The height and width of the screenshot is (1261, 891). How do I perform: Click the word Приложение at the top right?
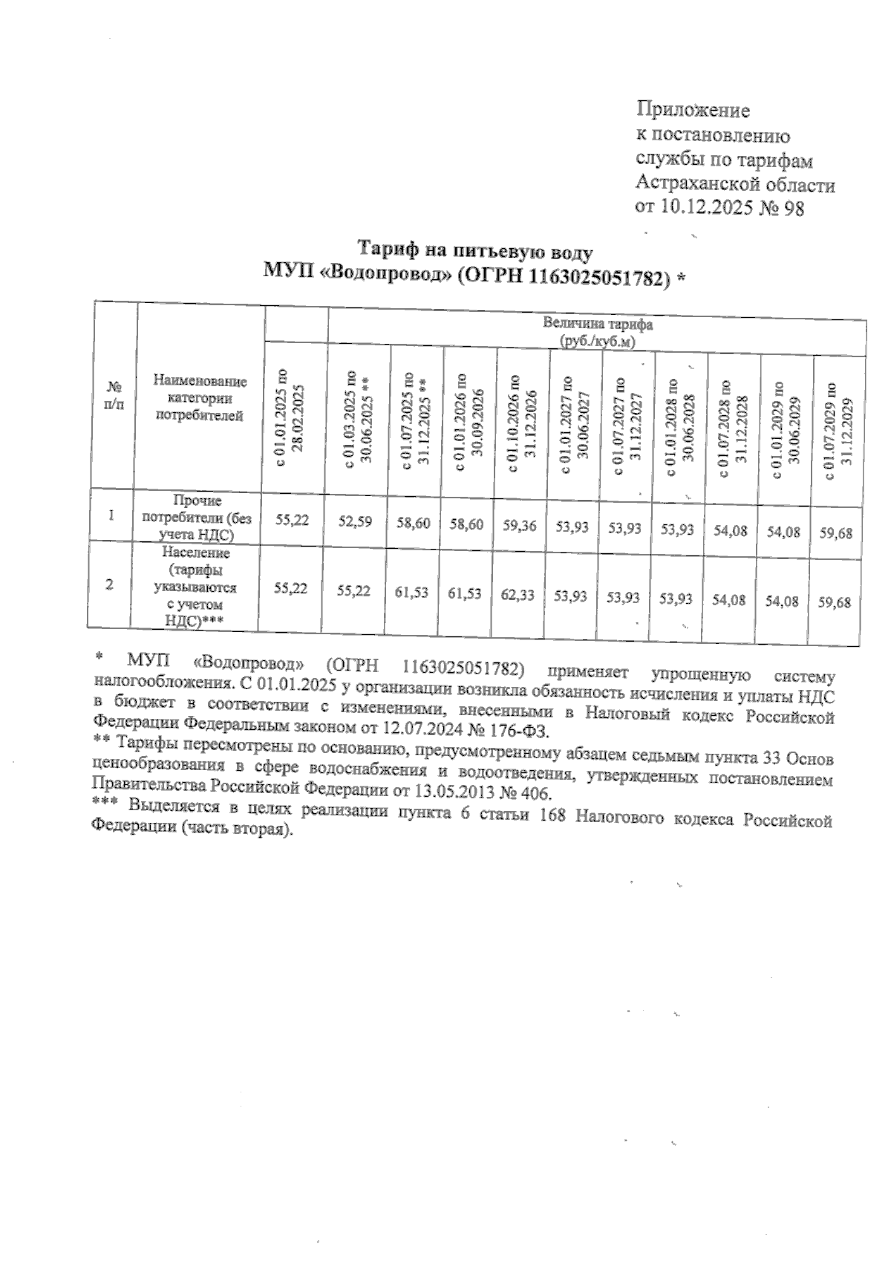693,111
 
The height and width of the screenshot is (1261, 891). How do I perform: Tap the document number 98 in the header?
792,209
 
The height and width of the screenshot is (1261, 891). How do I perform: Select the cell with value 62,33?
518,596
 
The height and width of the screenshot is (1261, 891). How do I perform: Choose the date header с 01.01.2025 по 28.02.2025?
288,416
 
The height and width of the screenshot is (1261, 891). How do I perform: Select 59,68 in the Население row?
835,603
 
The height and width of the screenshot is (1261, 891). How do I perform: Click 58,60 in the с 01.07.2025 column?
413,524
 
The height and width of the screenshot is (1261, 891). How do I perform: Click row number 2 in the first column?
110,584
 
